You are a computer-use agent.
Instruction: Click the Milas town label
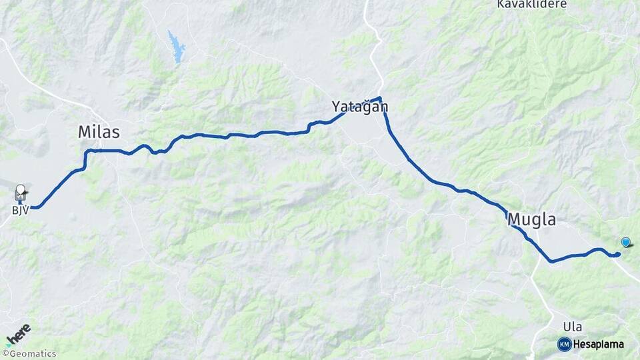coord(99,132)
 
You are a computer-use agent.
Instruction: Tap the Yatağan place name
coord(360,107)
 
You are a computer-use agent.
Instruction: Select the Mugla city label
coord(531,219)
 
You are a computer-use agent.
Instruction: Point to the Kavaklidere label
coord(531,4)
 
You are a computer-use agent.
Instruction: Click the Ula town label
coord(572,327)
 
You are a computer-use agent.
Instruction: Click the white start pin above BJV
coord(21,191)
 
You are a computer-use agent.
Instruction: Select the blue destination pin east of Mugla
coord(625,242)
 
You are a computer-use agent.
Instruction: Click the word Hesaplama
coord(599,344)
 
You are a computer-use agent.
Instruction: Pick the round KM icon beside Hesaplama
coord(564,344)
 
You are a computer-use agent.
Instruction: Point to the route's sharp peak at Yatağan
coord(380,99)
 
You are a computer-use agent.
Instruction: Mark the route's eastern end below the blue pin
coord(618,254)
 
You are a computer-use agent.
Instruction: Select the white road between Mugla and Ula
coord(541,293)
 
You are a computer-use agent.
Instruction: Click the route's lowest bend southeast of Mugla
coord(551,261)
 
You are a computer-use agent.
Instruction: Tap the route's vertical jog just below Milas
coord(85,159)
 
